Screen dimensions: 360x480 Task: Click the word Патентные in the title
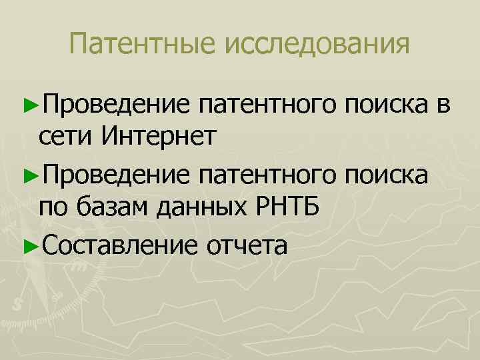coord(143,45)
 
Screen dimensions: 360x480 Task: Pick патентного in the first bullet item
coord(269,104)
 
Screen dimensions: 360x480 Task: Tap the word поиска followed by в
coord(387,104)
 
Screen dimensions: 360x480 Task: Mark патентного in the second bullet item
coord(269,174)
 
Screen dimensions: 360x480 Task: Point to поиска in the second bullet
coord(387,174)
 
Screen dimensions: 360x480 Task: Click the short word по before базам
coord(51,208)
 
